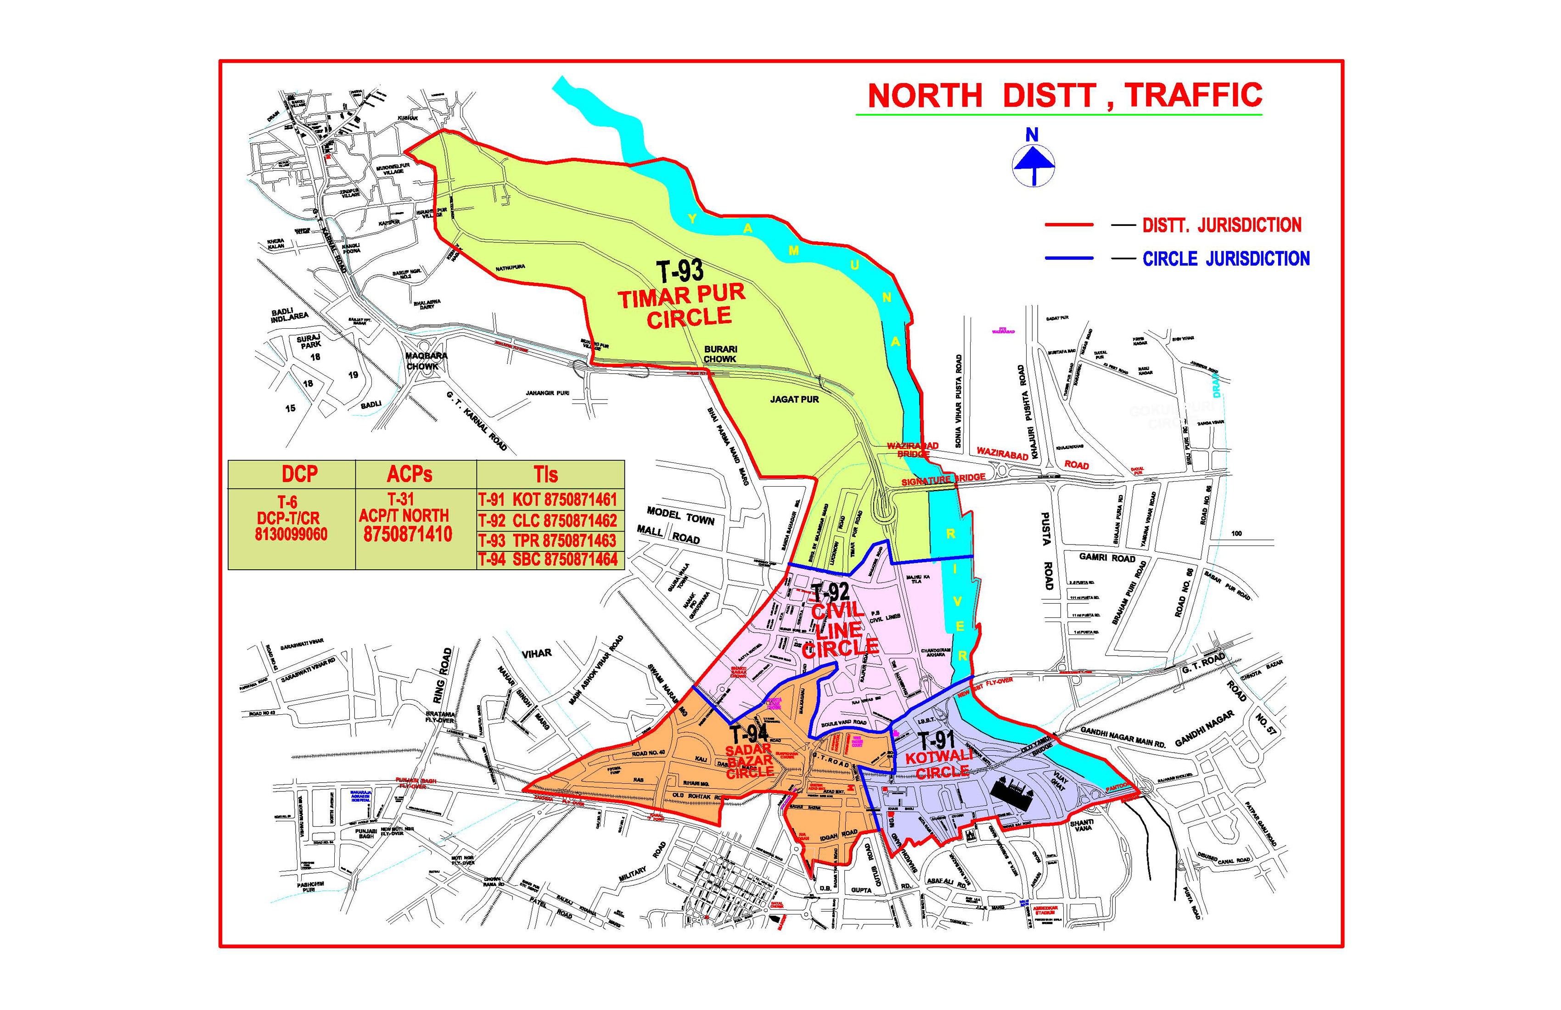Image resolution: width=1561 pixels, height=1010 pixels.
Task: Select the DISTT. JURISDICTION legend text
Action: [x=1221, y=225]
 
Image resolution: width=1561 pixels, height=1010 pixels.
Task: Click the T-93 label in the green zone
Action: [x=679, y=271]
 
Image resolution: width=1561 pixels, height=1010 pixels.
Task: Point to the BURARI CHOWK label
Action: [x=720, y=354]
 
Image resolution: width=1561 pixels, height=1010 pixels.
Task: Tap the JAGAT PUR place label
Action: [x=794, y=399]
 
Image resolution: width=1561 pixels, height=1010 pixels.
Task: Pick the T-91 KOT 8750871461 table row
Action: [x=548, y=500]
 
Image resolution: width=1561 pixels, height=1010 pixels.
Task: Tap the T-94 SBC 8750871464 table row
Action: [x=548, y=560]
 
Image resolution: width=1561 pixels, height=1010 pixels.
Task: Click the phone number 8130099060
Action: [x=291, y=534]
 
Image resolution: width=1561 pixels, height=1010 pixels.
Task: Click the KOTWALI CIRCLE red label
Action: [x=939, y=765]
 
